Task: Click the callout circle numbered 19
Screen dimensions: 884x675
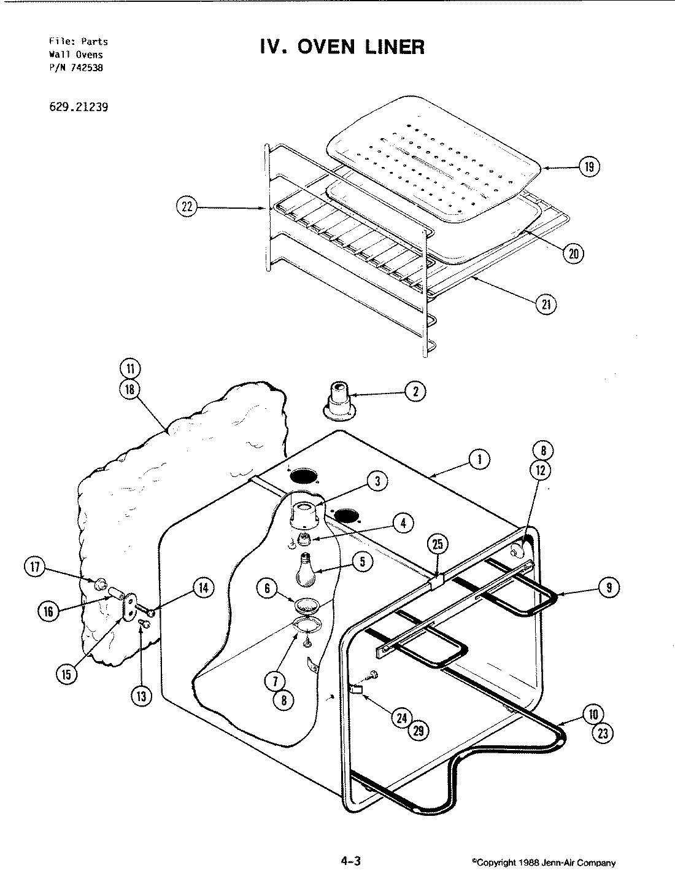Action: [x=590, y=167]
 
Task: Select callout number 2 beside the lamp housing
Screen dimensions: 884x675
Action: [x=415, y=392]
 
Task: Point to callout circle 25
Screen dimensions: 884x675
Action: [x=437, y=545]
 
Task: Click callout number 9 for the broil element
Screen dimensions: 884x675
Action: [x=609, y=587]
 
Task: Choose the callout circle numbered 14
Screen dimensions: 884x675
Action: [x=202, y=587]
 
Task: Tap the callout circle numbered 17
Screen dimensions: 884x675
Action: [x=35, y=567]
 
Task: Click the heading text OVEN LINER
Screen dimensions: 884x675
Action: [x=342, y=47]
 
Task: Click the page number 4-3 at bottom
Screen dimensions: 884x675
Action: [x=350, y=861]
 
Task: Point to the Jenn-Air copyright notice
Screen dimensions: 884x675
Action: [x=543, y=863]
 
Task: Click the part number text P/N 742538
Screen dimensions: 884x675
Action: [x=76, y=68]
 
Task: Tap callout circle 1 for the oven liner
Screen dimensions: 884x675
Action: [x=479, y=458]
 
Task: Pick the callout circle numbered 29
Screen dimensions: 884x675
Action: [x=420, y=729]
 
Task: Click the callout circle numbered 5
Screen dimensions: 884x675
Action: [x=363, y=562]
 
